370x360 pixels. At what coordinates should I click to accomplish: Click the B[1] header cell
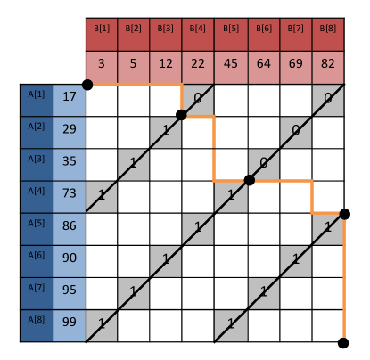tap(102, 34)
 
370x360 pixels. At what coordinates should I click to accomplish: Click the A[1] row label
tap(37, 100)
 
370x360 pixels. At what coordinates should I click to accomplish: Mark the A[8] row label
tap(37, 324)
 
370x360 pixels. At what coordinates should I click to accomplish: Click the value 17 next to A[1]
tap(69, 100)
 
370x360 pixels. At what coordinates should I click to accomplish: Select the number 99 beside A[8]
tap(69, 324)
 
